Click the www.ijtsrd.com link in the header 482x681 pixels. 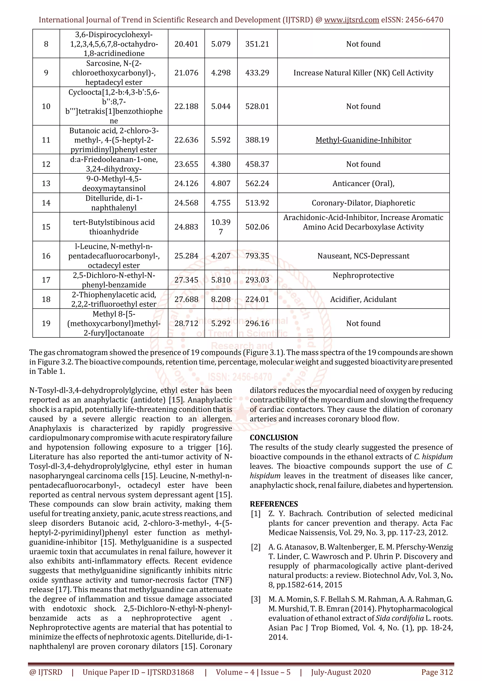(351, 20)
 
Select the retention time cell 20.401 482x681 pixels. (186, 44)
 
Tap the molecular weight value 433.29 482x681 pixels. (257, 73)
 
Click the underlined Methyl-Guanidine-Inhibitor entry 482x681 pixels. (363, 140)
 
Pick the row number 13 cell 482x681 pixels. (46, 183)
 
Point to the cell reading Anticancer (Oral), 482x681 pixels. (363, 183)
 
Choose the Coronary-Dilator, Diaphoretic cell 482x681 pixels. (363, 203)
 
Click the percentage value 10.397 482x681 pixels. (221, 227)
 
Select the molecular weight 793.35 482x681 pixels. (257, 256)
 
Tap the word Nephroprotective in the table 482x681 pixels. (363, 275)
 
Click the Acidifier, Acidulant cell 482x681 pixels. (363, 299)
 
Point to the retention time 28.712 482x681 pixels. (186, 323)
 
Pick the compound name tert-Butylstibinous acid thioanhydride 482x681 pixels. (114, 227)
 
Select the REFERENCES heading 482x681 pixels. (274, 504)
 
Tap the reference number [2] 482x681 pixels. (256, 547)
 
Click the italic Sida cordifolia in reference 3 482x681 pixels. (399, 618)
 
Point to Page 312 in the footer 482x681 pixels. (437, 672)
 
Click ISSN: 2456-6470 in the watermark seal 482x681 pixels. (240, 377)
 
